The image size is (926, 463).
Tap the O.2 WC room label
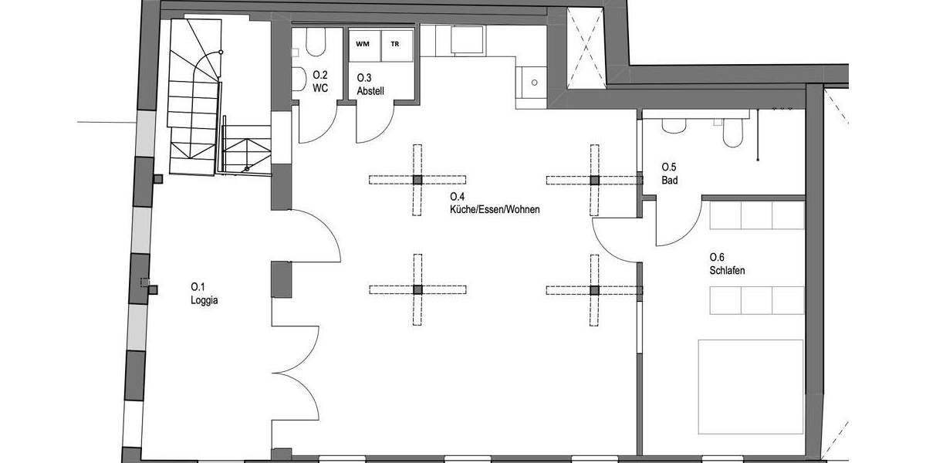tap(321, 81)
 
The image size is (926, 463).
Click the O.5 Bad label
tap(670, 173)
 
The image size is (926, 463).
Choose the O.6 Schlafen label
tap(726, 264)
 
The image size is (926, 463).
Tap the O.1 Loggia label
tap(204, 296)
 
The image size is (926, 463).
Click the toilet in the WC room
tap(315, 45)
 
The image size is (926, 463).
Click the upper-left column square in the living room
tap(417, 180)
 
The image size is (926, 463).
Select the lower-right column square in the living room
tap(594, 290)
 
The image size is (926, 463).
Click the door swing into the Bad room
tap(673, 224)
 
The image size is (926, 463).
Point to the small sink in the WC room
tap(297, 79)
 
